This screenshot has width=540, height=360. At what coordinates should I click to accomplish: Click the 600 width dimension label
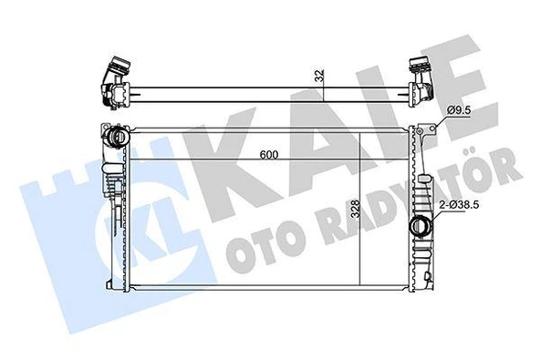pos(266,155)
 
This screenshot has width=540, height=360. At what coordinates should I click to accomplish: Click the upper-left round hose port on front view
pos(117,139)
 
